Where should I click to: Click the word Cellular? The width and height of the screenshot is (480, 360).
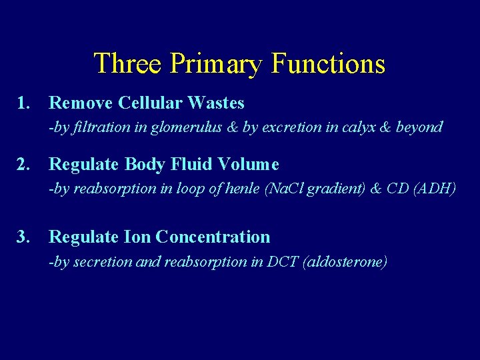tap(151, 103)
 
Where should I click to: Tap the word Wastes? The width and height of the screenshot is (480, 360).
tap(216, 103)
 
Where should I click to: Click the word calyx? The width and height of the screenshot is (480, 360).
tap(360, 127)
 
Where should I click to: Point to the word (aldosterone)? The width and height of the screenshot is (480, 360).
tap(345, 261)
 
